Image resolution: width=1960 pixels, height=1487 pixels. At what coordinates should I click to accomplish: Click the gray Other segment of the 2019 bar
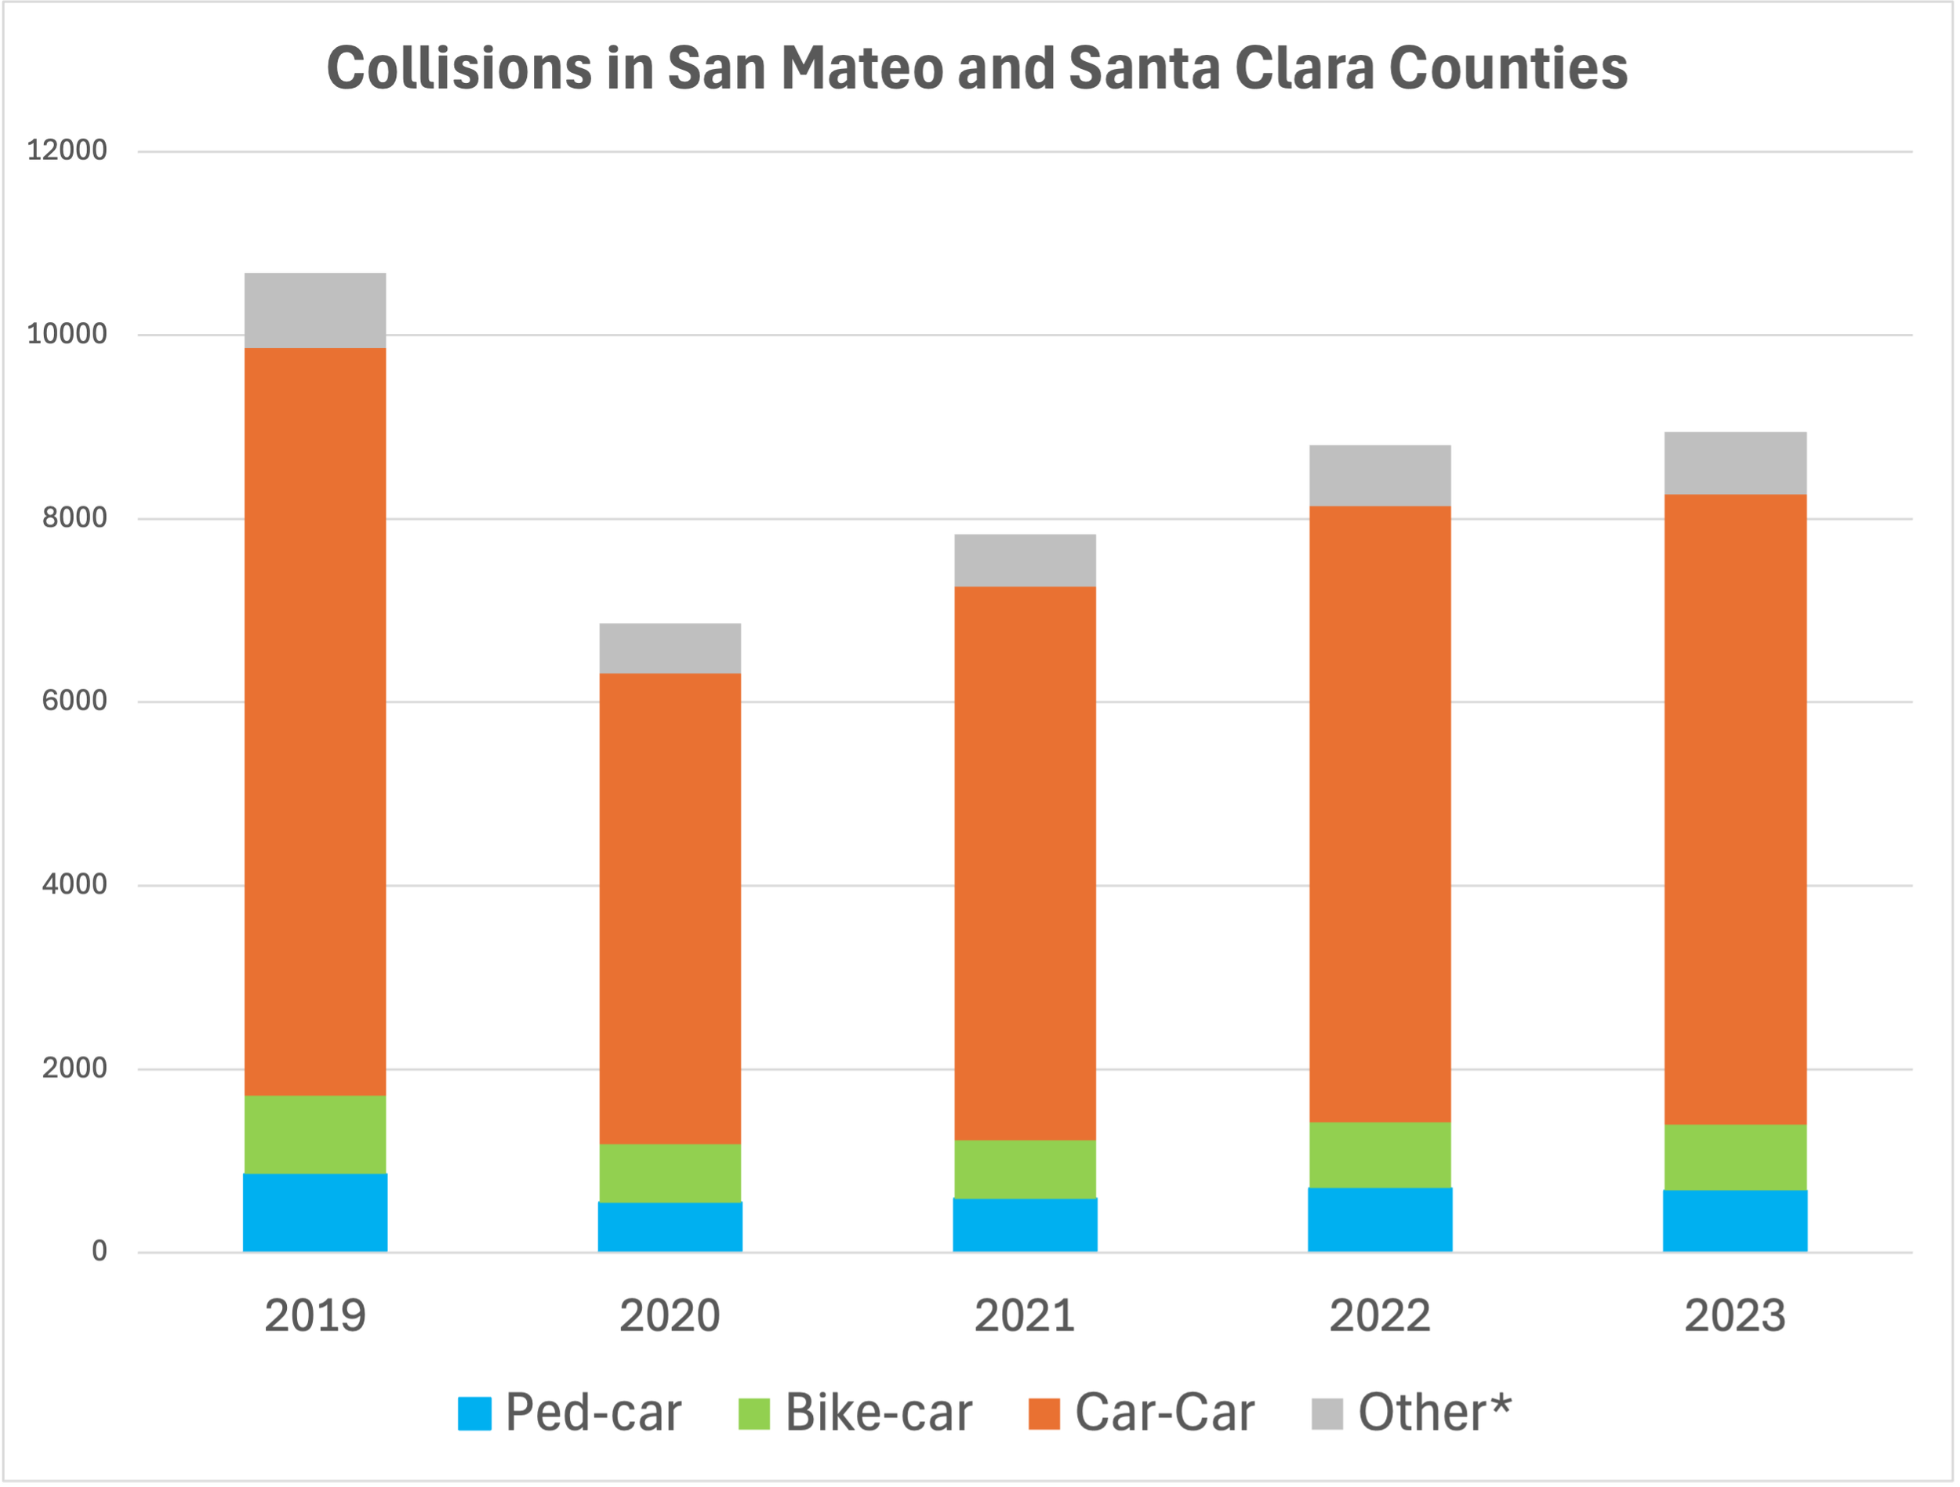click(314, 310)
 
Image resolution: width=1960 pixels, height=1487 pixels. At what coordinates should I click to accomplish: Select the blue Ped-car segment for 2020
click(670, 1227)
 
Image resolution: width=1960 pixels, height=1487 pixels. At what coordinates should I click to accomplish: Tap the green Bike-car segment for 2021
click(1025, 1169)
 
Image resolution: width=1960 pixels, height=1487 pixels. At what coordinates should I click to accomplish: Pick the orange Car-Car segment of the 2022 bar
click(1380, 814)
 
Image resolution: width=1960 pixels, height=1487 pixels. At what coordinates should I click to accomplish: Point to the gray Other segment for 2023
click(1735, 462)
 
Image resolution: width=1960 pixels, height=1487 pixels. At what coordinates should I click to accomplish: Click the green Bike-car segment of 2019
click(314, 1134)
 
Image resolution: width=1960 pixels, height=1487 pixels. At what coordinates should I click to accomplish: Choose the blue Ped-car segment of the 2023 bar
click(1735, 1220)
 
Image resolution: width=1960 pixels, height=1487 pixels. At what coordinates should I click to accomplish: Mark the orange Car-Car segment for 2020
click(670, 909)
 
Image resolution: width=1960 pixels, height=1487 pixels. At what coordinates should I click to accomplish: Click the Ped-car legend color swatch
click(474, 1413)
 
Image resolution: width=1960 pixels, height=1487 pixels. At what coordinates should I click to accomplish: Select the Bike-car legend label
click(878, 1413)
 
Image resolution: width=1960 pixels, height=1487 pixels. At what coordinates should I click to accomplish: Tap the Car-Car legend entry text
click(1164, 1413)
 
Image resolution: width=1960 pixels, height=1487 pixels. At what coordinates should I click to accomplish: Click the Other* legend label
click(1435, 1413)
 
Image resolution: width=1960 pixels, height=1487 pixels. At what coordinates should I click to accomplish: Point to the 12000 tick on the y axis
click(67, 151)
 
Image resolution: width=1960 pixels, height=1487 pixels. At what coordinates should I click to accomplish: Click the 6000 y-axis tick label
click(74, 701)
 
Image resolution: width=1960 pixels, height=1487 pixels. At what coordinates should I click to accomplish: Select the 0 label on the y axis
click(100, 1251)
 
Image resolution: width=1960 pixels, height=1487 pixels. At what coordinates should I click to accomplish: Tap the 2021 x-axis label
click(1025, 1315)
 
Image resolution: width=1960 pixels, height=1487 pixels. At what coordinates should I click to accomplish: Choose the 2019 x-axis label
click(314, 1315)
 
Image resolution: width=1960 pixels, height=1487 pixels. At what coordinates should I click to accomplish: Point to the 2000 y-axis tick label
click(74, 1068)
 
